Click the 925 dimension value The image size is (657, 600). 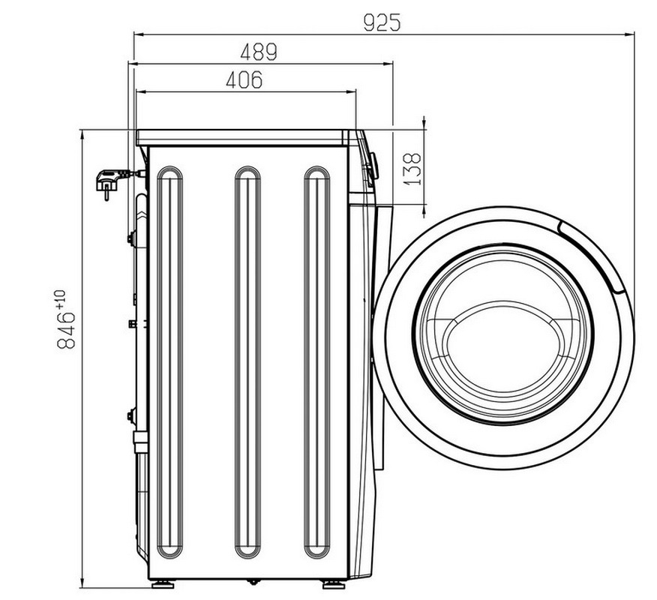382,22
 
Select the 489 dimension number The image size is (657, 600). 259,52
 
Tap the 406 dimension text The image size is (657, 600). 244,79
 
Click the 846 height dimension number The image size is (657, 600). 66,331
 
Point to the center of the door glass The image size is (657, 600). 502,334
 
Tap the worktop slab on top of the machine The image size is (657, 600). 242,137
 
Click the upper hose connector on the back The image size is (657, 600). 131,238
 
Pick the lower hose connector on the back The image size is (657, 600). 131,415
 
